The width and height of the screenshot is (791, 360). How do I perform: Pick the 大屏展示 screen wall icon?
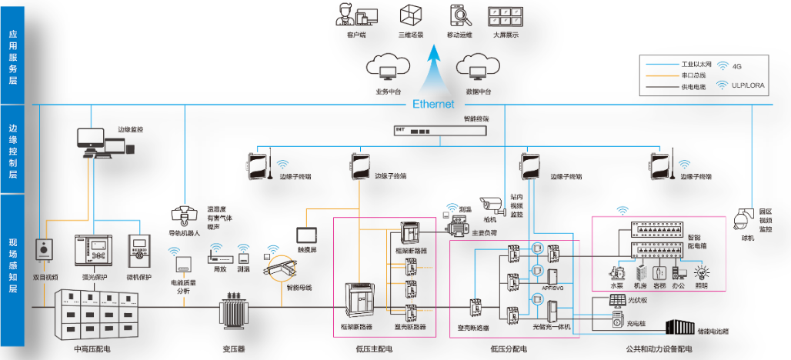(505, 16)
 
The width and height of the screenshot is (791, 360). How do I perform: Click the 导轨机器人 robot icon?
(183, 215)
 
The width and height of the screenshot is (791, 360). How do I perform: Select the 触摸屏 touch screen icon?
(308, 233)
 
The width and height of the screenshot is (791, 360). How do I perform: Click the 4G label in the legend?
(737, 67)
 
